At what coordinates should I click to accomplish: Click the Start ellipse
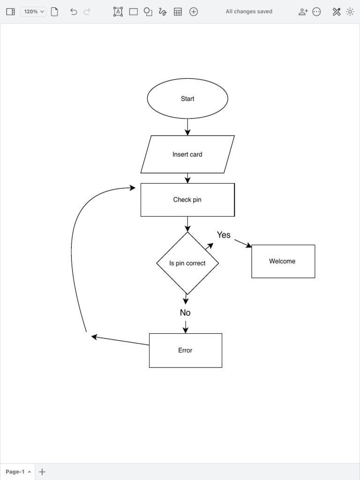187,98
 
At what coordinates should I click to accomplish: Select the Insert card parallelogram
187,154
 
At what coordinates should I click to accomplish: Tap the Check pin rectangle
187,200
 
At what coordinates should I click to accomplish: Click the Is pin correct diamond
187,263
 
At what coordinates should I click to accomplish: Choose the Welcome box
283,261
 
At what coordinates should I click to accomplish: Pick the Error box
185,350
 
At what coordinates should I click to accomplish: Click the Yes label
224,235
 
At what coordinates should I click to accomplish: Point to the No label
185,313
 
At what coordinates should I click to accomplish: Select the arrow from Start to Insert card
187,127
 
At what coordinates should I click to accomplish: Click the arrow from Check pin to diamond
187,224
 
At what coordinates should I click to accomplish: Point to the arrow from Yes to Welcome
243,243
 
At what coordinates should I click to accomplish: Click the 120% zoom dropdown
33,12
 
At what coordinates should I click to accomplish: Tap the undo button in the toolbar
74,12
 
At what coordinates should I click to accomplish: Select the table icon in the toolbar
178,12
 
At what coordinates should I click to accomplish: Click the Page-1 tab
18,472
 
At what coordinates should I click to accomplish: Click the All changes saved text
249,12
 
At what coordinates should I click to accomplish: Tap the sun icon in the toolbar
350,12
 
